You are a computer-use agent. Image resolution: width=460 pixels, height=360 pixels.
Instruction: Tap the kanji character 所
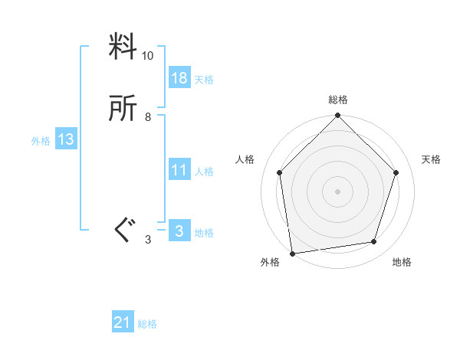click(123, 110)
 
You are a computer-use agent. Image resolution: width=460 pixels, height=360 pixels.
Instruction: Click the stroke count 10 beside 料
click(147, 56)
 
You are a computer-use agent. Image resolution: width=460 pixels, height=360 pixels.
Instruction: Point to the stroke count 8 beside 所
click(147, 117)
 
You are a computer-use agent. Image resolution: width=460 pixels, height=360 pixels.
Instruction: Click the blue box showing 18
click(179, 78)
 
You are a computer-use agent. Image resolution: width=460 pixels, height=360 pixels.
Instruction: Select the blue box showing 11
click(179, 170)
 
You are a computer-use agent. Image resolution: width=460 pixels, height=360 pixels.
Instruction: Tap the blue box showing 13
click(66, 139)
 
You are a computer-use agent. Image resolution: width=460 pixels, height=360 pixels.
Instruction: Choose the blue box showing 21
click(123, 323)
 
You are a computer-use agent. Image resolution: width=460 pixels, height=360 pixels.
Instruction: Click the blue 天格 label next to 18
click(204, 80)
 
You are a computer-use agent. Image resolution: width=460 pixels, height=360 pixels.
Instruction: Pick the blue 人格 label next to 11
click(204, 172)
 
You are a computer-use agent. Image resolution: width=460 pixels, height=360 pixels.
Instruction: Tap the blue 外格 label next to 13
click(41, 141)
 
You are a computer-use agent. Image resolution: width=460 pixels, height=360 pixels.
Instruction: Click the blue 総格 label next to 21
click(147, 325)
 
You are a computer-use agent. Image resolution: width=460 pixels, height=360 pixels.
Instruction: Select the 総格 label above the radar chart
click(338, 100)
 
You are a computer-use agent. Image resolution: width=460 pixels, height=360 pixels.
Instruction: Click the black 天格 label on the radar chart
click(432, 159)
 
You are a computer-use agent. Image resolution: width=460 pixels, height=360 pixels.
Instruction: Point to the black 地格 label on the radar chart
click(402, 263)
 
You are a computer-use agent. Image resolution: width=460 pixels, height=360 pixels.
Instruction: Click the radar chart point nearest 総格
click(338, 117)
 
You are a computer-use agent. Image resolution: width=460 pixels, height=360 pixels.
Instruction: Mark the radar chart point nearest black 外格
click(292, 252)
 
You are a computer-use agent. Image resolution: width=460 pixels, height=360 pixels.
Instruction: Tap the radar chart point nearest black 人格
click(280, 172)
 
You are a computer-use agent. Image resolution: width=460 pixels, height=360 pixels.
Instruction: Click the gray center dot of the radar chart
click(338, 191)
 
